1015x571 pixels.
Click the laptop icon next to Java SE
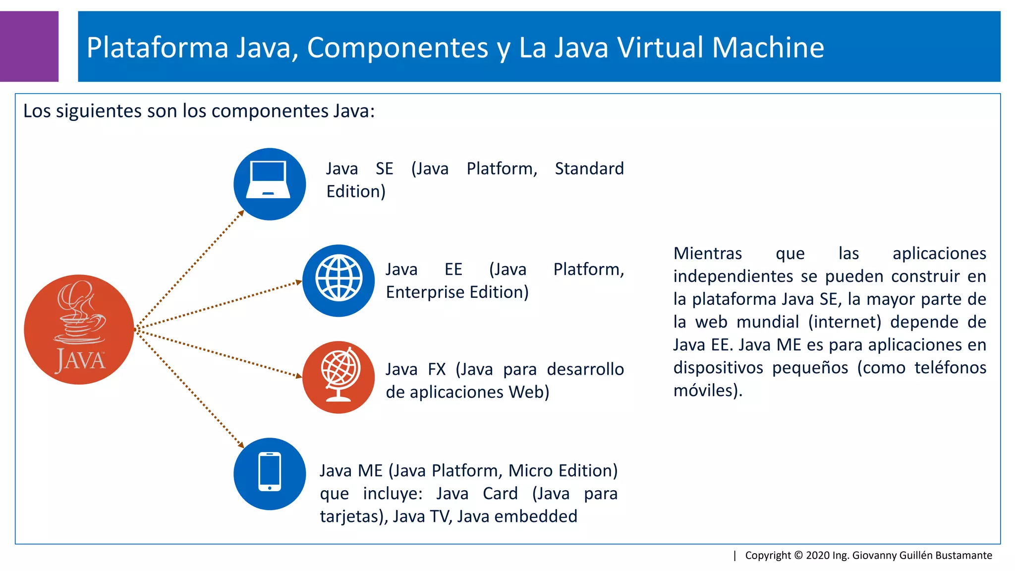pyautogui.click(x=270, y=184)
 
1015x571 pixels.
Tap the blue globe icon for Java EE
pyautogui.click(x=338, y=281)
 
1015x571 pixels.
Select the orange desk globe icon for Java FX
pyautogui.click(x=338, y=377)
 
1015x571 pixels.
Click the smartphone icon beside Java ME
pyautogui.click(x=270, y=473)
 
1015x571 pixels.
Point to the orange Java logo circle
pyautogui.click(x=79, y=330)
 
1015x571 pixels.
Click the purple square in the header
pyautogui.click(x=29, y=46)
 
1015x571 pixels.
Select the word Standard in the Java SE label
pyautogui.click(x=589, y=169)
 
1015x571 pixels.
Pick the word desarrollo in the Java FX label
pyautogui.click(x=585, y=369)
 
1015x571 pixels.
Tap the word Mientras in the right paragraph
pyautogui.click(x=707, y=253)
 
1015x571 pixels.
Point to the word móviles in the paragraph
pyautogui.click(x=706, y=391)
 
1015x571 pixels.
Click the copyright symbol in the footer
pyautogui.click(x=798, y=555)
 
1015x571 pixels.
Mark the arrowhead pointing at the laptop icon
pyautogui.click(x=241, y=213)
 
